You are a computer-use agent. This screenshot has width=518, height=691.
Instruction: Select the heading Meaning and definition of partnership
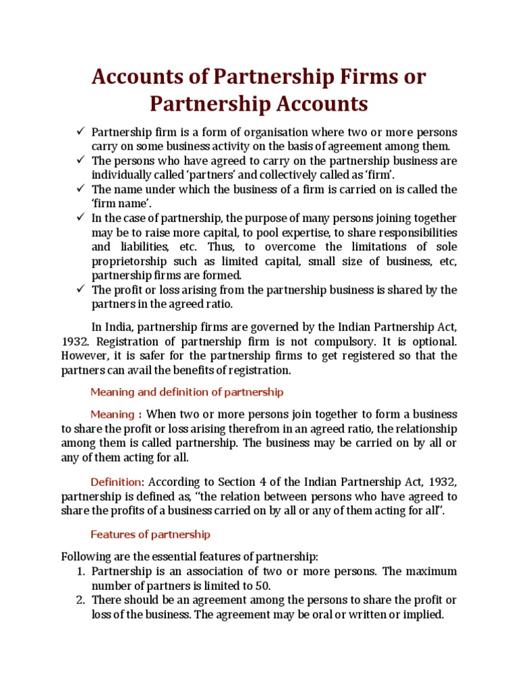(187, 391)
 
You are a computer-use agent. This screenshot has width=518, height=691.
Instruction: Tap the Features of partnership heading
(150, 534)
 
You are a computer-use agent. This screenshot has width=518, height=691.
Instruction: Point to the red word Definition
(116, 482)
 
